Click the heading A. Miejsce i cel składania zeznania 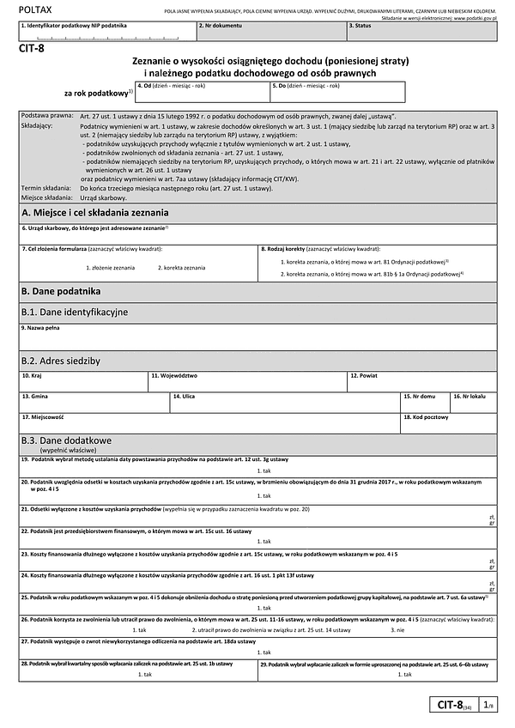95,212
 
